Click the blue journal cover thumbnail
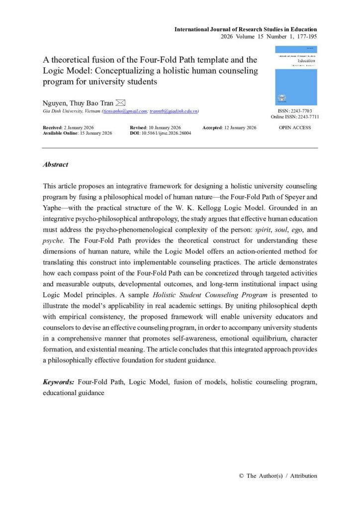coord(296,76)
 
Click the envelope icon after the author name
coord(121,102)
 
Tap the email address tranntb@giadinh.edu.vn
coord(174,111)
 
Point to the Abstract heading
coord(56,165)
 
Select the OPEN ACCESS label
coord(296,128)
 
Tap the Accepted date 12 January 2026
coord(238,128)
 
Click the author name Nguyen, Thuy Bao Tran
coord(78,103)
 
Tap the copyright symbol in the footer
coord(241,476)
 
